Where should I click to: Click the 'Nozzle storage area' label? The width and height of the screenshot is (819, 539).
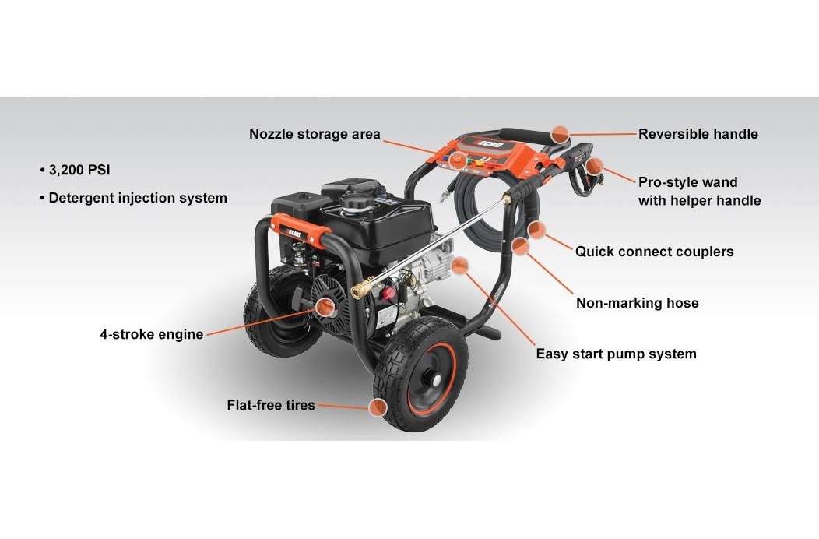(x=315, y=134)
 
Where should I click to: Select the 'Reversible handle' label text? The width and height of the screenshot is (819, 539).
(x=698, y=134)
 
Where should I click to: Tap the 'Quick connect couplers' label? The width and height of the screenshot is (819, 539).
(x=654, y=252)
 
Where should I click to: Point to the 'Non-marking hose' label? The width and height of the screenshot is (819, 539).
(x=637, y=303)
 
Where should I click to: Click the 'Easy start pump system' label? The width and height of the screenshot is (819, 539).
(x=616, y=354)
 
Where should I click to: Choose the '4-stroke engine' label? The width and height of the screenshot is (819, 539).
(x=151, y=334)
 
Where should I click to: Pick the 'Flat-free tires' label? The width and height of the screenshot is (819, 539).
(x=271, y=405)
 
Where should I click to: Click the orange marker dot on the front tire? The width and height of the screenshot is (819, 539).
(x=378, y=407)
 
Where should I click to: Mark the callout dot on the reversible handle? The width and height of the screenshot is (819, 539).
(x=559, y=134)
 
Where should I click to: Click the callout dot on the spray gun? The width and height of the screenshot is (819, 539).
(x=594, y=166)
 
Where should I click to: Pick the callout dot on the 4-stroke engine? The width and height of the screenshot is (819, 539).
(x=325, y=307)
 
